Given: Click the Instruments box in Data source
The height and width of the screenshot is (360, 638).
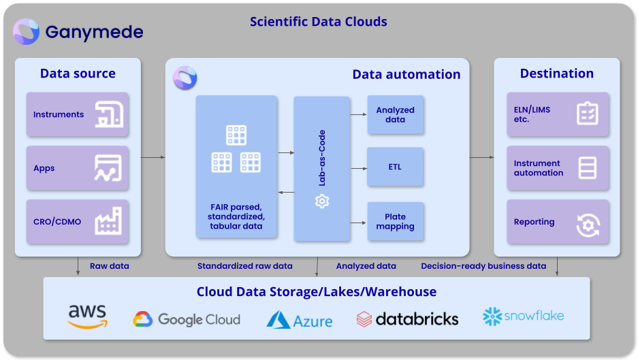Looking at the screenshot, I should pyautogui.click(x=78, y=114).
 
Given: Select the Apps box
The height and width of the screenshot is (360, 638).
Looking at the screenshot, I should pyautogui.click(x=78, y=168).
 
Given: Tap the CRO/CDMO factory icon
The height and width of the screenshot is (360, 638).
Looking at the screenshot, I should pyautogui.click(x=108, y=222).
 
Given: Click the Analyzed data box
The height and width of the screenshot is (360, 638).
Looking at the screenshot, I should pyautogui.click(x=395, y=115).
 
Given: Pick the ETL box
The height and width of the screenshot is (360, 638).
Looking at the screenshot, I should pyautogui.click(x=395, y=167).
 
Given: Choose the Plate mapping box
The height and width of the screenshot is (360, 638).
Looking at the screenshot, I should pyautogui.click(x=395, y=222).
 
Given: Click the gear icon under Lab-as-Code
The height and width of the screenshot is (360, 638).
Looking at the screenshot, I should pyautogui.click(x=322, y=201).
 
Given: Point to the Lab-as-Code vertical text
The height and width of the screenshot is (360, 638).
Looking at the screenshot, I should pyautogui.click(x=322, y=158).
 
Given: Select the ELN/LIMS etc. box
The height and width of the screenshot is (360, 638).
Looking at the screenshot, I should pyautogui.click(x=558, y=114).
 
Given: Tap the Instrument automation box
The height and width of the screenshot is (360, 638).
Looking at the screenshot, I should pyautogui.click(x=558, y=168).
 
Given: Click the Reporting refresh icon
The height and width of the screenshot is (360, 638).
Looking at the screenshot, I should pyautogui.click(x=588, y=225).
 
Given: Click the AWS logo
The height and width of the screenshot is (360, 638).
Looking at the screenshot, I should pyautogui.click(x=87, y=317).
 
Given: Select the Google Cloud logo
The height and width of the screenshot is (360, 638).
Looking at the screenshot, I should pyautogui.click(x=187, y=319).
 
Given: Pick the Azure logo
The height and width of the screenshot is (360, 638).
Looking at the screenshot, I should pyautogui.click(x=300, y=320).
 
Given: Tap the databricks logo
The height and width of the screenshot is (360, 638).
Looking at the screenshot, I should pyautogui.click(x=407, y=318).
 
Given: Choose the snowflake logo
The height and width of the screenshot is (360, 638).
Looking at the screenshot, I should pyautogui.click(x=524, y=316).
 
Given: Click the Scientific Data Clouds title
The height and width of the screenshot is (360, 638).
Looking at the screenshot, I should pyautogui.click(x=318, y=22).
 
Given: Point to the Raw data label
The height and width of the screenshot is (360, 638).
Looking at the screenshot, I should pyautogui.click(x=109, y=266).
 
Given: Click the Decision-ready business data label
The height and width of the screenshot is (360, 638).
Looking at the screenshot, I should pyautogui.click(x=483, y=266).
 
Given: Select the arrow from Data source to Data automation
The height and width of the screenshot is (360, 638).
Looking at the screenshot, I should pyautogui.click(x=153, y=157).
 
